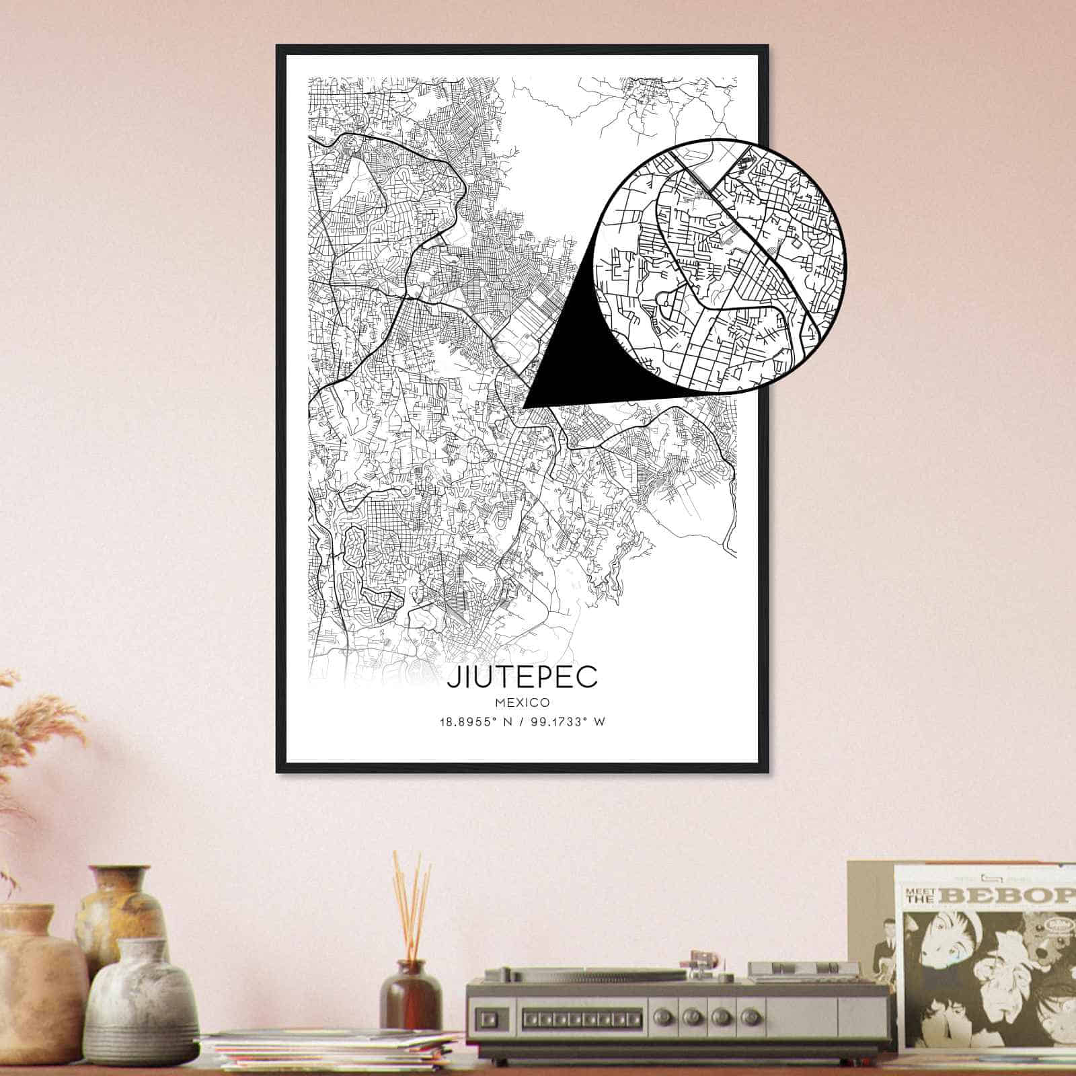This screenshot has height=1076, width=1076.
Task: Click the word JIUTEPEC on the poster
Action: [522, 677]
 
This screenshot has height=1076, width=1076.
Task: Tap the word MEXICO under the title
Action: [522, 703]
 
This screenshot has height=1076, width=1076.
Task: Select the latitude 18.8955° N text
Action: [471, 722]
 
